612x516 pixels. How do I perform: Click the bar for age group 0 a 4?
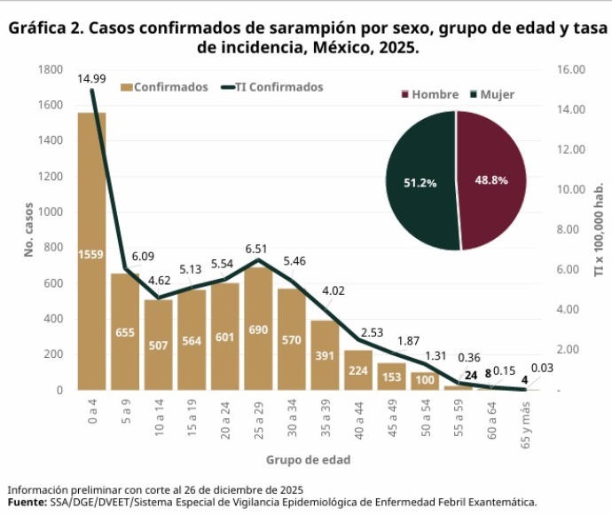click(x=91, y=258)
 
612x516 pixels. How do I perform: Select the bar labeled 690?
click(x=257, y=329)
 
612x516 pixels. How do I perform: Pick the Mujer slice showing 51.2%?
click(x=421, y=182)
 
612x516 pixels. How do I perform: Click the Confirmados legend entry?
click(x=165, y=87)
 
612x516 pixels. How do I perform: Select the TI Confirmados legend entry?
click(x=273, y=87)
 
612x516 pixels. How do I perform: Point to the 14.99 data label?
click(x=91, y=79)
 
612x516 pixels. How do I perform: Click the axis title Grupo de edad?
click(x=308, y=460)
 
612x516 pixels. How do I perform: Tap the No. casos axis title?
click(x=28, y=229)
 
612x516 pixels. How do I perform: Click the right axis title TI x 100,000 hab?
click(x=599, y=229)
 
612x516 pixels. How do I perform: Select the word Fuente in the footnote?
click(x=27, y=502)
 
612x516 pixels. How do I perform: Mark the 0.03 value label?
click(x=542, y=368)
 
